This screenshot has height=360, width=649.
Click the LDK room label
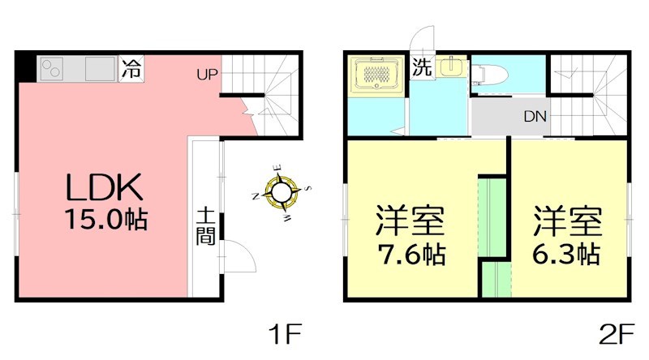click(105, 188)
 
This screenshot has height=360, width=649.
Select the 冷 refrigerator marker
click(130, 69)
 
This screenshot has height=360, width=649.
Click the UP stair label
click(206, 75)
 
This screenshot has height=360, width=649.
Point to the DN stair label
click(534, 117)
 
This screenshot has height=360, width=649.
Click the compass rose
click(281, 192)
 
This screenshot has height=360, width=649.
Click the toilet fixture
click(488, 74)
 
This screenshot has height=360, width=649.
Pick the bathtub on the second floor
click(374, 75)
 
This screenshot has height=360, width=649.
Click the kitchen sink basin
click(100, 69)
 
